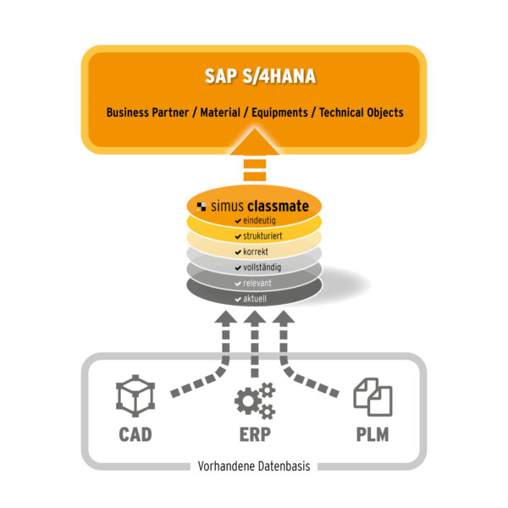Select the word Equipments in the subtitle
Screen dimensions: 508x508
tap(282, 113)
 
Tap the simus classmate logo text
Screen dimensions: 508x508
tap(253, 204)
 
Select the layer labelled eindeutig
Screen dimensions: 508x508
tap(254, 220)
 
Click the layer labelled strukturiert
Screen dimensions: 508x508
tap(254, 236)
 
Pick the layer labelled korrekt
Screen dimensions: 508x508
tap(254, 252)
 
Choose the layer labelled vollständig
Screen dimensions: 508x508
tap(254, 268)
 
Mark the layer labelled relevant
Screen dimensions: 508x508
tap(254, 284)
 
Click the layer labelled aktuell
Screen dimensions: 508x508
tap(254, 300)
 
